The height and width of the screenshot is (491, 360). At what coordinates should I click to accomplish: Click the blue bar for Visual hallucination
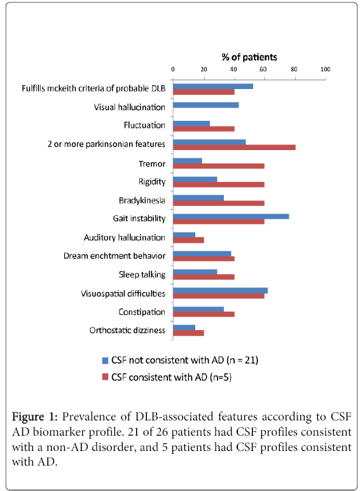tap(206, 105)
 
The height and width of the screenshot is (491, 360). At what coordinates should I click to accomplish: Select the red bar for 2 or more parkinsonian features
tap(234, 147)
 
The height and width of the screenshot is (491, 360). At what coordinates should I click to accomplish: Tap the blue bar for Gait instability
tap(231, 216)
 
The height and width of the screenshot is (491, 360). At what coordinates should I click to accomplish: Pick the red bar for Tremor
tap(219, 166)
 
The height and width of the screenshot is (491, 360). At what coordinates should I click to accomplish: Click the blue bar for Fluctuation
tap(191, 123)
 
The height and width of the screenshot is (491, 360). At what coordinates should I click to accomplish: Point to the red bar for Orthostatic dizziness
tap(188, 333)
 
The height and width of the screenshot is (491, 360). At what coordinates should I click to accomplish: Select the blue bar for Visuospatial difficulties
tap(220, 290)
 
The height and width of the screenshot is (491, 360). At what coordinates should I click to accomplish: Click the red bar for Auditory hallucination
tap(188, 240)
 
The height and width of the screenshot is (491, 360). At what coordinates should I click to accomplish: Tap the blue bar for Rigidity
tap(195, 179)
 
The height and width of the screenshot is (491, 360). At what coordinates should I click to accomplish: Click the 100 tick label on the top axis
tap(326, 69)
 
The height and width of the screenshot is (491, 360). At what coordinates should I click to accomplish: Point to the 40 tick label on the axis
tap(233, 69)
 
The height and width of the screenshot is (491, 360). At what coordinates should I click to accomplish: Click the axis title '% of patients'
tap(249, 57)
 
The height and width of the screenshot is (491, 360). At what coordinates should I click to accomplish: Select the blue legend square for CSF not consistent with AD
tap(105, 361)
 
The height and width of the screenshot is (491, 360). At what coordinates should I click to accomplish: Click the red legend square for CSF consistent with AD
tap(105, 377)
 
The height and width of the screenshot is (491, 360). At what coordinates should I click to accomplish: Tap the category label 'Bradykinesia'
tap(142, 200)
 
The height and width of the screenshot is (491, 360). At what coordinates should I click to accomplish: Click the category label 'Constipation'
tap(142, 312)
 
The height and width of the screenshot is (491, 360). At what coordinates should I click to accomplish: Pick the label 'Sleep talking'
tap(142, 275)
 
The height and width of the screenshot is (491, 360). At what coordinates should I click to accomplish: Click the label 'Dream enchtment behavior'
tap(114, 256)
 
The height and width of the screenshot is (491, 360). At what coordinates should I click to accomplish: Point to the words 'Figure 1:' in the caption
tap(35, 417)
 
